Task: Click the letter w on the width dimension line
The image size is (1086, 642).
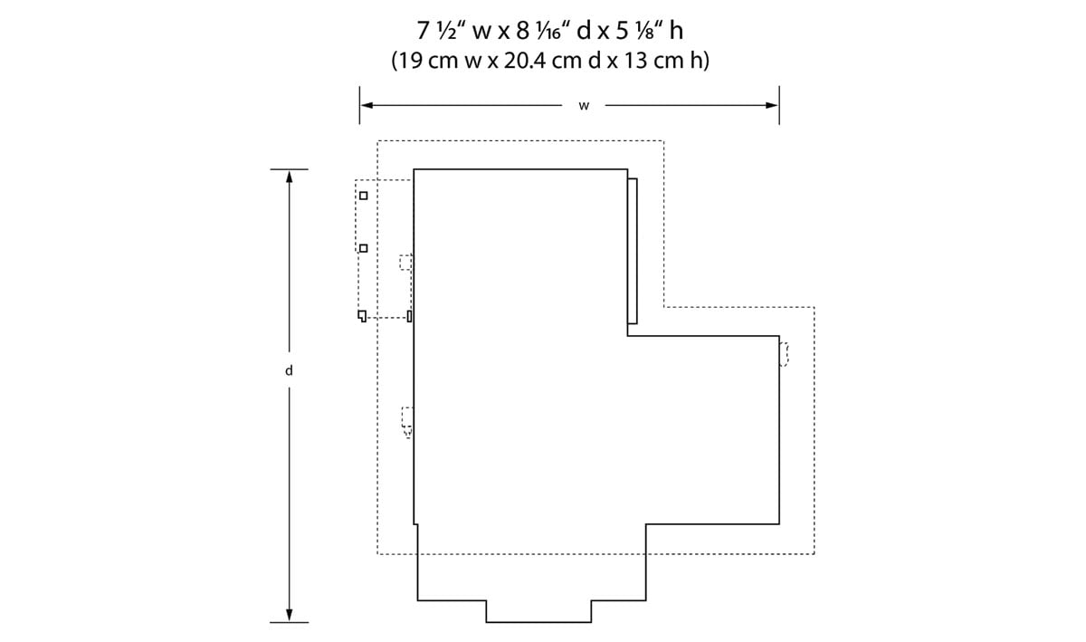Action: tap(584, 106)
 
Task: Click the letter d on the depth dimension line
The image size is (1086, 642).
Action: tap(289, 370)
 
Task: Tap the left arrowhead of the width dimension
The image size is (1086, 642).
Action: tap(367, 105)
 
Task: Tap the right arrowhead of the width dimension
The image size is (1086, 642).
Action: tap(772, 105)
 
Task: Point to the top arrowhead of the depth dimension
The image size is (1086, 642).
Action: tap(290, 177)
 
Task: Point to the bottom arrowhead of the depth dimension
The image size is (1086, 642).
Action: tap(290, 616)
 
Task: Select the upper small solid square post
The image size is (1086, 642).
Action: tap(364, 196)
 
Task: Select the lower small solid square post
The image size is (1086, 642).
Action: tap(364, 248)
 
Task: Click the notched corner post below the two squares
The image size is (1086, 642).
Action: tap(362, 316)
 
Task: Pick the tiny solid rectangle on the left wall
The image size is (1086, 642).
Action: tap(409, 316)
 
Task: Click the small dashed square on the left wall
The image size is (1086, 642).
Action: tap(405, 262)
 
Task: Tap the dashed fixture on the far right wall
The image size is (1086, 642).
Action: tap(784, 354)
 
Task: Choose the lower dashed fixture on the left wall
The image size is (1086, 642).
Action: tap(407, 422)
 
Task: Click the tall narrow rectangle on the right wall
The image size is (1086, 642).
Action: tap(633, 251)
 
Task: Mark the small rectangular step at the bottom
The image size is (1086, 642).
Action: tap(538, 611)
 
